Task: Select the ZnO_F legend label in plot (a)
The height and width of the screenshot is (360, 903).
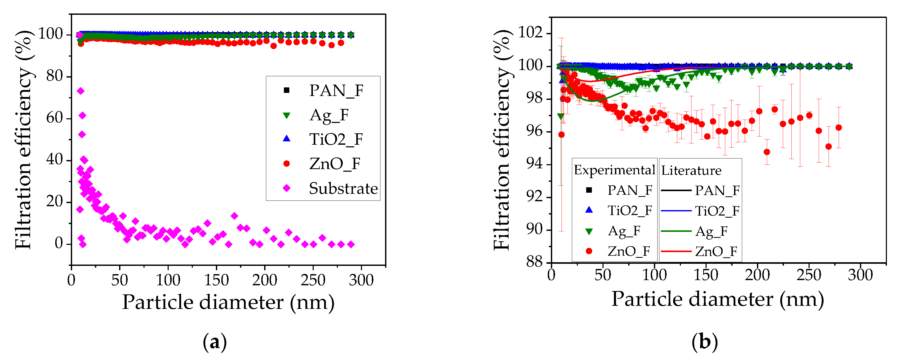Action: pos(334,164)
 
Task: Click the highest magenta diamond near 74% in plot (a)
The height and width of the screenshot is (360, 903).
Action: pos(81,91)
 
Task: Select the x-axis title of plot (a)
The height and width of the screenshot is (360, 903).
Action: pos(228,302)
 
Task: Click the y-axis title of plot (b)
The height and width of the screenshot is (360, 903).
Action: pos(502,140)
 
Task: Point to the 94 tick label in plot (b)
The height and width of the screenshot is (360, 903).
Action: pos(534,163)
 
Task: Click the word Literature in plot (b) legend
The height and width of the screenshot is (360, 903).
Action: pos(691,171)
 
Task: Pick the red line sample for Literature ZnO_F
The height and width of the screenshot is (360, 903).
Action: pos(676,251)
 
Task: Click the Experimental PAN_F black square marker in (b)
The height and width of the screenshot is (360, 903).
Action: pos(589,190)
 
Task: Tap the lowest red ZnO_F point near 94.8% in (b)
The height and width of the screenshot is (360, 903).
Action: pos(767,152)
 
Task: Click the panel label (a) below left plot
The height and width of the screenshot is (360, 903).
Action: pos(215,342)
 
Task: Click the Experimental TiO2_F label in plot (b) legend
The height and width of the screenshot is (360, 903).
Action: pos(629,210)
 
